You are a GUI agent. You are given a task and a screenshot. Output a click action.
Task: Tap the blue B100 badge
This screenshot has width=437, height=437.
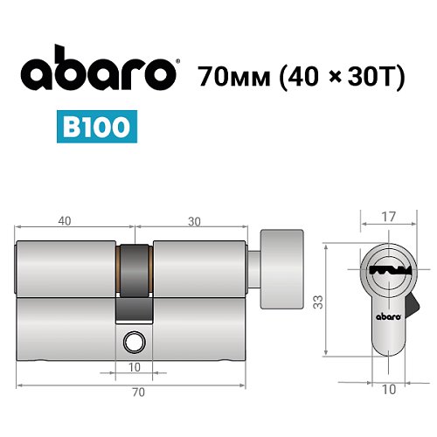click(x=98, y=127)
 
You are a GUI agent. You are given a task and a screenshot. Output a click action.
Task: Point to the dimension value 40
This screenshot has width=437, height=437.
click(x=65, y=221)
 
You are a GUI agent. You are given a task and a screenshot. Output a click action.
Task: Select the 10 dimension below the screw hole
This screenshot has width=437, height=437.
click(x=135, y=366)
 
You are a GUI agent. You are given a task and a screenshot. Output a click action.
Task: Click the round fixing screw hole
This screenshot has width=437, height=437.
click(x=135, y=340)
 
